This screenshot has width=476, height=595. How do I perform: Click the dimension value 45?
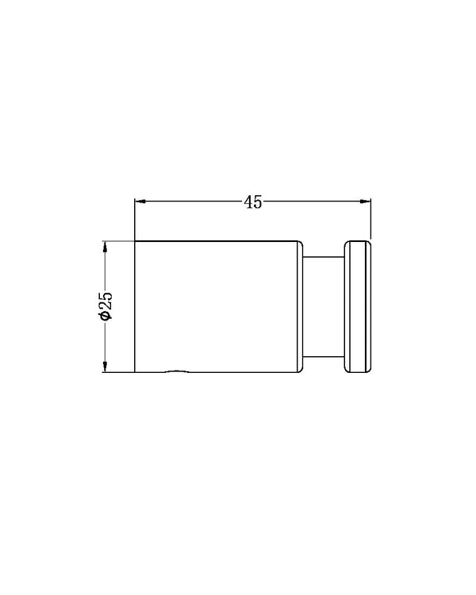pyautogui.click(x=252, y=202)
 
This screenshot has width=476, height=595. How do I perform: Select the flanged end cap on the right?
pyautogui.click(x=357, y=305)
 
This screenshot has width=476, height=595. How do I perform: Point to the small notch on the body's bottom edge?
pyautogui.click(x=176, y=370)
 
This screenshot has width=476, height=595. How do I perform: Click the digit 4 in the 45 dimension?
pyautogui.click(x=248, y=202)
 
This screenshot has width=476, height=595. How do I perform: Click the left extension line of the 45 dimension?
pyautogui.click(x=135, y=218)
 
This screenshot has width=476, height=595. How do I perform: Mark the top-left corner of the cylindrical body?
pyautogui.click(x=136, y=240)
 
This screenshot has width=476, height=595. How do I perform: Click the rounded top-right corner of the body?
pyautogui.click(x=299, y=242)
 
